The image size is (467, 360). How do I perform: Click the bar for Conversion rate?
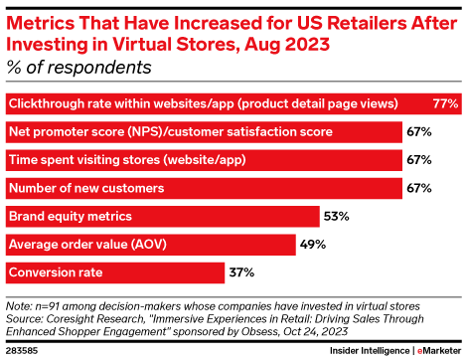(x=114, y=271)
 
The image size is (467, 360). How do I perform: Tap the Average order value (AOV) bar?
(x=149, y=244)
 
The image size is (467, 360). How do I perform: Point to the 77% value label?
(x=445, y=104)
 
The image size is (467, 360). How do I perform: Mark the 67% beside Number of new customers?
(x=418, y=188)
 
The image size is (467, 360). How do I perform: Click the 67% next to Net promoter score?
(x=418, y=132)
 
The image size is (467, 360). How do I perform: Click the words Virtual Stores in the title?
(x=159, y=44)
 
